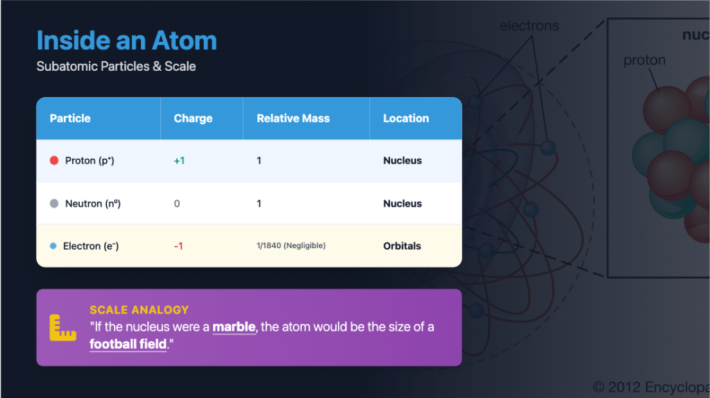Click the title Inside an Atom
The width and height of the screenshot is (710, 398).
tap(127, 40)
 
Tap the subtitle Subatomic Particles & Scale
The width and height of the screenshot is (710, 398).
tap(116, 66)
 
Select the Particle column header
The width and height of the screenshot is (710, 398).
tap(70, 118)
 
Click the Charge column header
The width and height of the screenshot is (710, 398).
tap(193, 118)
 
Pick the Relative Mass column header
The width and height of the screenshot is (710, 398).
tap(293, 118)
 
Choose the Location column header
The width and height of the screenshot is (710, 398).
tap(406, 118)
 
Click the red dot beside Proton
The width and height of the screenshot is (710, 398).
tap(54, 161)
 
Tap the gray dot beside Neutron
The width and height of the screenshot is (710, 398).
tap(54, 204)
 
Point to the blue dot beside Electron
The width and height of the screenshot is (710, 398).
tap(53, 246)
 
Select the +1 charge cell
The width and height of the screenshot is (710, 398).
tap(179, 161)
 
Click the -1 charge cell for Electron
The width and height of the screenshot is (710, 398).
tap(178, 246)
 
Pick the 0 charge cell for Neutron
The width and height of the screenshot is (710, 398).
tap(177, 204)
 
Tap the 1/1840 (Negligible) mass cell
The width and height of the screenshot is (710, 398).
tap(291, 245)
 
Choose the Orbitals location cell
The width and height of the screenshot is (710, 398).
tap(402, 246)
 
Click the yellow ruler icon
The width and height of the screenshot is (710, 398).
tap(62, 327)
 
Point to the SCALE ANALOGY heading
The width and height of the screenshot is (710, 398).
tap(139, 310)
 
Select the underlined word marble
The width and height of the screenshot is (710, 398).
tap(234, 327)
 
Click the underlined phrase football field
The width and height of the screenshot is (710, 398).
tap(128, 344)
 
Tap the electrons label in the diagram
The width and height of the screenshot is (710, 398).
tap(530, 26)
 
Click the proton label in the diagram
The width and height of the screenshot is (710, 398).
tap(644, 60)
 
